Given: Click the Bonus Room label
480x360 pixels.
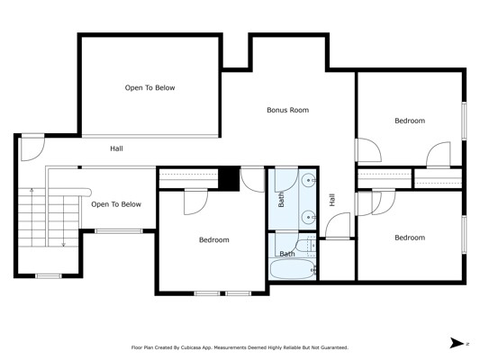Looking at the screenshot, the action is tap(288, 110).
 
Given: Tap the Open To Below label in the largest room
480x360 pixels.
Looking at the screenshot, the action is tap(149, 88).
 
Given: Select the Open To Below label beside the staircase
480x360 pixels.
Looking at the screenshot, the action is tap(116, 204).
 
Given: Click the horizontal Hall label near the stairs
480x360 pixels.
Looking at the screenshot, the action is tap(117, 148).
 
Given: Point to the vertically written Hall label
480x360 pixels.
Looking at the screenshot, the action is tap(332, 200).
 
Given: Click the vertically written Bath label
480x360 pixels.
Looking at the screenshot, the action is tap(281, 200).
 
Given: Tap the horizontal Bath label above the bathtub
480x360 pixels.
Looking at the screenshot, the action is tap(287, 254).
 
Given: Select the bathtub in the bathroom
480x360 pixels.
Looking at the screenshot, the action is tap(293, 269).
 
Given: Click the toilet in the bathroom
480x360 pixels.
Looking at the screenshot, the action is tap(306, 246).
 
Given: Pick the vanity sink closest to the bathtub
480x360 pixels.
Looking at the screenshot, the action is tap(308, 218).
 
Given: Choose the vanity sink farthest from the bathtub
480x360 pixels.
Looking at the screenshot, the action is tap(308, 181).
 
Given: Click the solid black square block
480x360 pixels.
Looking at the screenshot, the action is tap(229, 178).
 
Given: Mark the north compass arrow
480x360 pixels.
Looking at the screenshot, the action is tap(457, 343).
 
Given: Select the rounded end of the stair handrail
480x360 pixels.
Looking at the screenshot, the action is tap(88, 193).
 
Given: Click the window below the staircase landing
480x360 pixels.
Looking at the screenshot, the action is tap(49, 276).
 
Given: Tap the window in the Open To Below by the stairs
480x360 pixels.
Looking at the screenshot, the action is tap(119, 231).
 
